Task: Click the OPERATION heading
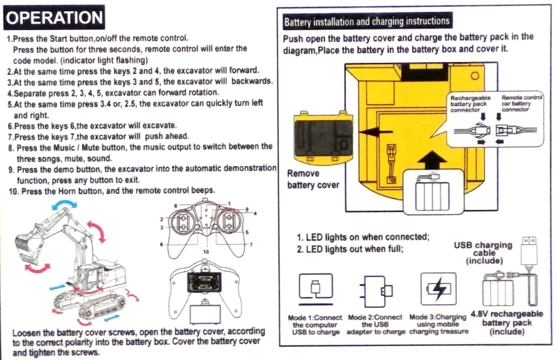pyautogui.click(x=54, y=17)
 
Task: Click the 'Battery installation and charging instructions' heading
pyautogui.click(x=367, y=22)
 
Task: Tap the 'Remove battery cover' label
pyautogui.click(x=312, y=179)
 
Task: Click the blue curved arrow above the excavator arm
pyautogui.click(x=64, y=204)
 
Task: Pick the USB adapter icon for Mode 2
pyautogui.click(x=376, y=291)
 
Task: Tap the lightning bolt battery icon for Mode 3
pyautogui.click(x=439, y=289)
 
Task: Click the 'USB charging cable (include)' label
pyautogui.click(x=483, y=253)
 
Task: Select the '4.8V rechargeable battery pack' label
pyautogui.click(x=506, y=318)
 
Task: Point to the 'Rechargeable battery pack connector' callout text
pyautogui.click(x=470, y=104)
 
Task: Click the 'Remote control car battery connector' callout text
pyautogui.click(x=521, y=103)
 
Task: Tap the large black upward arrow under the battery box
pyautogui.click(x=431, y=160)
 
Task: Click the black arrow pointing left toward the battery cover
pyautogui.click(x=375, y=132)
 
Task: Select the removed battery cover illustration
pyautogui.click(x=323, y=137)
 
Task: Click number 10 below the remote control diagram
pyautogui.click(x=206, y=252)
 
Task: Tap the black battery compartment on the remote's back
pyautogui.click(x=204, y=282)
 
